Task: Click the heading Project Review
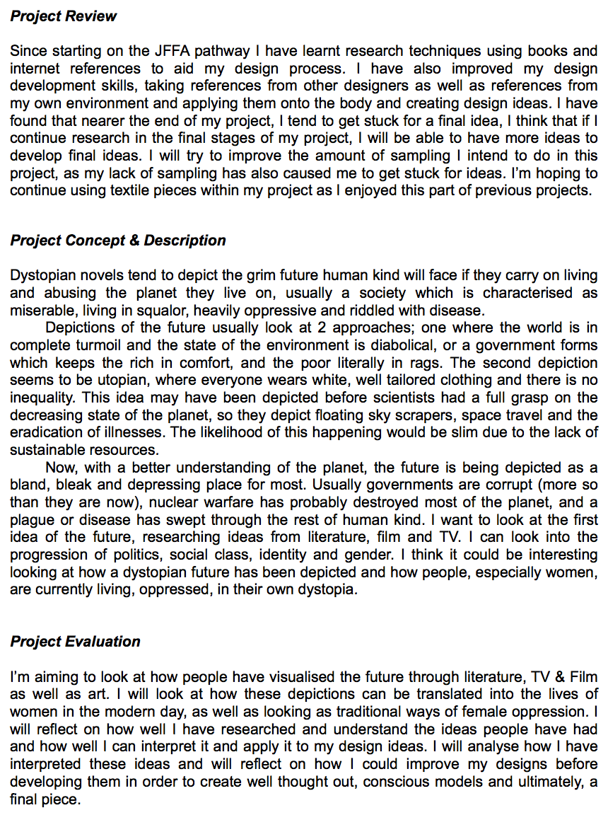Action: pos(64,16)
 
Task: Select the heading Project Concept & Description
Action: pos(118,241)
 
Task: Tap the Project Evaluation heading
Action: pos(75,642)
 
